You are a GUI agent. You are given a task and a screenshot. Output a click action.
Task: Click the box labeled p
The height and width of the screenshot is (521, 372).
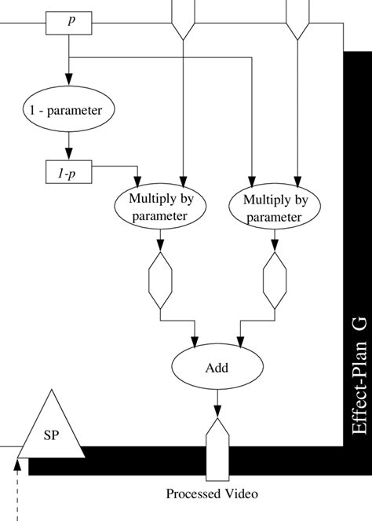(x=70, y=24)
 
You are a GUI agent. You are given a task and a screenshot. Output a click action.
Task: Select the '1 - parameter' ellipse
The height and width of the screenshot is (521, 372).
(x=70, y=110)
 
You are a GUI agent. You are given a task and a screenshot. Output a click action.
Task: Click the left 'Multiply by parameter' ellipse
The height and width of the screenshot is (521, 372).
(x=161, y=207)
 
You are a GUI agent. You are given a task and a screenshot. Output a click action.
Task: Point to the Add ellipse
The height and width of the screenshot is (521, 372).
(x=216, y=367)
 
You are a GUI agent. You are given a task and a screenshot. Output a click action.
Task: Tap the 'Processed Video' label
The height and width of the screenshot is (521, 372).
(x=211, y=493)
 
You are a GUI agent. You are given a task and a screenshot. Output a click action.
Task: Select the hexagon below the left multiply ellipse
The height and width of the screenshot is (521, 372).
(x=161, y=280)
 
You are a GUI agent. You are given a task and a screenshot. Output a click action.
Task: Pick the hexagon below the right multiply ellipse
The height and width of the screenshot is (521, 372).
(x=275, y=280)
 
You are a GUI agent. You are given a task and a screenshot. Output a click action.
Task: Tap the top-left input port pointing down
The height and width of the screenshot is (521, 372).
(x=182, y=20)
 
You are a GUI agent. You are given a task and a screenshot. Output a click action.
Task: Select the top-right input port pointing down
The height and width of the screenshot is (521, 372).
(x=296, y=20)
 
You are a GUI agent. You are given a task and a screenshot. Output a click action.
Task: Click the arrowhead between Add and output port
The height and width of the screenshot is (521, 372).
(x=217, y=409)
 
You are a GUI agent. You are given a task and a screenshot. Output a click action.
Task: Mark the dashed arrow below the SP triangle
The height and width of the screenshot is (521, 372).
(x=16, y=487)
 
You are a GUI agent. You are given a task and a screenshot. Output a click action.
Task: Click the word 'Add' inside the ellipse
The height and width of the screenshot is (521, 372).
(x=216, y=367)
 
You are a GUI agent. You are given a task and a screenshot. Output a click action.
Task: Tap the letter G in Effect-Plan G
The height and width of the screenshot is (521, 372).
(x=359, y=327)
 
